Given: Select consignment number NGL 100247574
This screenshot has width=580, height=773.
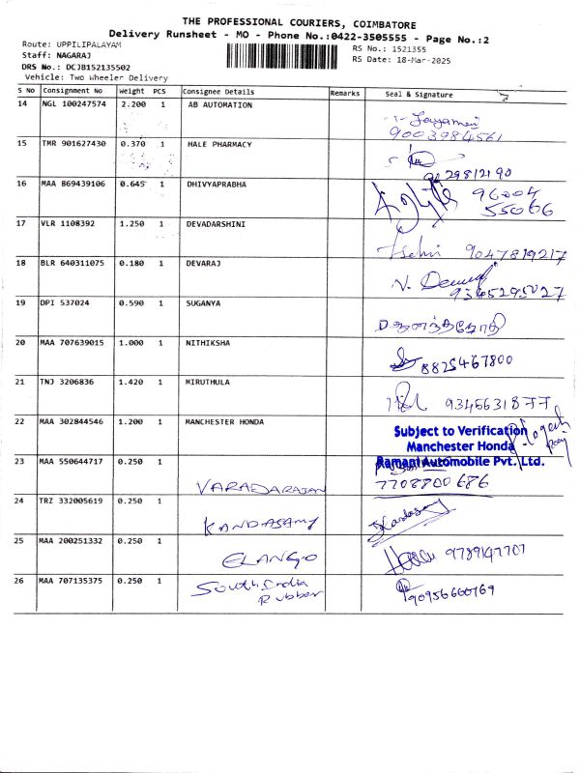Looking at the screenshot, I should coord(74,104).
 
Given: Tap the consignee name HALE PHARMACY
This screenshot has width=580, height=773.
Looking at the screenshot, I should coord(219,144).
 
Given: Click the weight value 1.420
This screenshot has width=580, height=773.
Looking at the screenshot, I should coord(130,382).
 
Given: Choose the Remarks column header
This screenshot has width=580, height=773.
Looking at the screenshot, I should coord(345,93).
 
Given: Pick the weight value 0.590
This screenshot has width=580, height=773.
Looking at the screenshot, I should coord(130,302).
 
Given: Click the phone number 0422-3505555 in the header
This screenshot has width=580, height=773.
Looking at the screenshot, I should coord(370,34).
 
